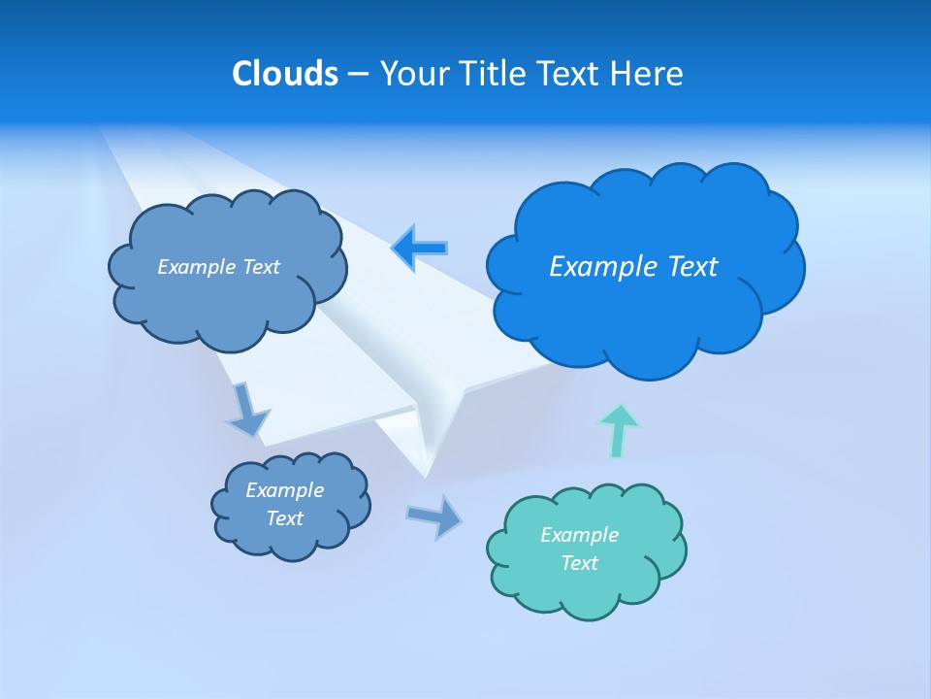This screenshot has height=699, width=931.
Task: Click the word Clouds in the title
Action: (x=285, y=74)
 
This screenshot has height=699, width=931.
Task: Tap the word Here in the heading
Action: (x=647, y=74)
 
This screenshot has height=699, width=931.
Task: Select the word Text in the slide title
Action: (x=570, y=74)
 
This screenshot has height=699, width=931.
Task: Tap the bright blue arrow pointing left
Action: (x=420, y=249)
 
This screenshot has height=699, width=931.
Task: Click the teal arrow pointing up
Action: (x=619, y=430)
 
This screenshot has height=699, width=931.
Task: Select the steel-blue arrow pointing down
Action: (x=247, y=409)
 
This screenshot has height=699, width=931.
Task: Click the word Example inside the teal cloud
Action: (x=579, y=535)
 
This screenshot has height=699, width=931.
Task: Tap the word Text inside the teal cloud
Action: (x=579, y=563)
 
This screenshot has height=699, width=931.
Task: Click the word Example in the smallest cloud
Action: (x=284, y=490)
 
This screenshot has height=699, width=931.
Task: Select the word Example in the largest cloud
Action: (x=595, y=267)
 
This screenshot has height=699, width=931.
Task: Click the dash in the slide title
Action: (x=357, y=74)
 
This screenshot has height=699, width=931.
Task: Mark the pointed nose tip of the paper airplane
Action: (x=425, y=476)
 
